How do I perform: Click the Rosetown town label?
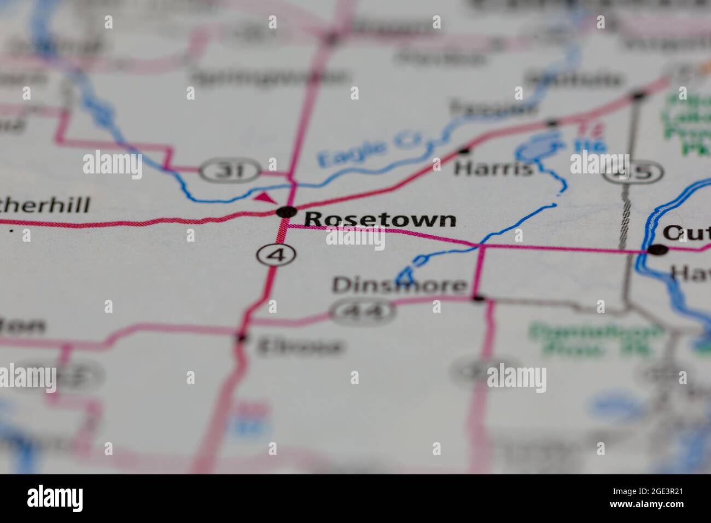point(380,219)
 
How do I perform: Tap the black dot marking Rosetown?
point(286,212)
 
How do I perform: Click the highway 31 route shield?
point(229,171)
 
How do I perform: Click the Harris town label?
point(493,168)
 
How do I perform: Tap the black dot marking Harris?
point(465,149)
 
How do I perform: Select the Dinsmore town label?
point(400,286)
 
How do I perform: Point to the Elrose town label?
point(300,346)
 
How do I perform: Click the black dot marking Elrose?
point(241,338)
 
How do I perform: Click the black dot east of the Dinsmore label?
point(479,298)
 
